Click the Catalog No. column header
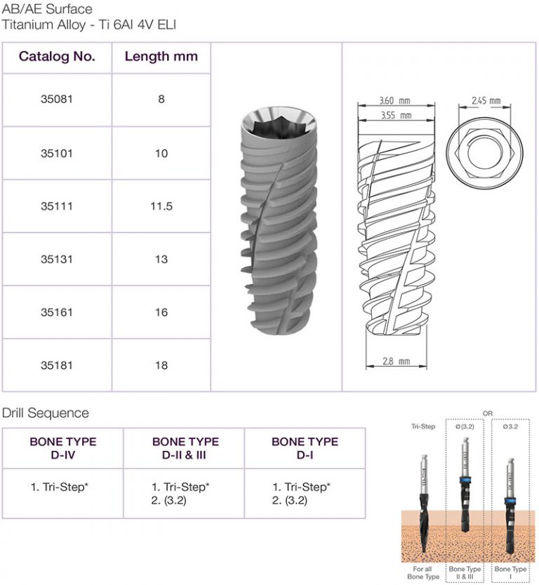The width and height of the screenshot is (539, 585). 57,57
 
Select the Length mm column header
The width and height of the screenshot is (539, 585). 161,57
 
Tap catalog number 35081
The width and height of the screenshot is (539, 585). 57,100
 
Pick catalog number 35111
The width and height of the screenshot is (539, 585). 57,206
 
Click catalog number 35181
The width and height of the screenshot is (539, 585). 57,365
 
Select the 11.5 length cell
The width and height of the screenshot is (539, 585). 161,206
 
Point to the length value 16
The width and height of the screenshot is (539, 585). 161,312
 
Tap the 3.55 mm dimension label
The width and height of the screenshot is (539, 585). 395,115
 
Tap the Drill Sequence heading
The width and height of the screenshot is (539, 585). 46,413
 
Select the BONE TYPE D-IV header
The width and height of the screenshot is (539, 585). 63,448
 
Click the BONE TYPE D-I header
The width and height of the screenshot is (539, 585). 305,448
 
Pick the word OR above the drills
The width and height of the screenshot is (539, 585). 488,414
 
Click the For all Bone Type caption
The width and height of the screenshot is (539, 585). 423,572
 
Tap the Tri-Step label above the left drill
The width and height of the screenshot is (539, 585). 423,426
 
